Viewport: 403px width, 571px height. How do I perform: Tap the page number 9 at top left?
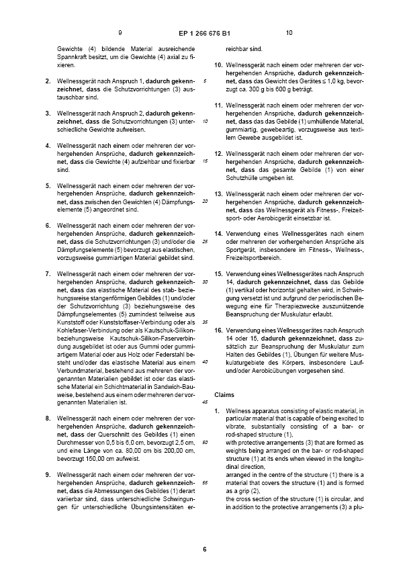[120, 32]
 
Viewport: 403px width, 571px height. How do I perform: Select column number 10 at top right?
[289, 32]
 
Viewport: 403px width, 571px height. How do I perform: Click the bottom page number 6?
[204, 549]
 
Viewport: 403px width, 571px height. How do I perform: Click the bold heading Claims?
[224, 394]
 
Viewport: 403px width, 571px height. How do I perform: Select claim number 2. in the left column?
[47, 81]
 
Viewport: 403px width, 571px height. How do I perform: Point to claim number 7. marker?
[47, 274]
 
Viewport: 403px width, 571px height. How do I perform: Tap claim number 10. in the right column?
[218, 65]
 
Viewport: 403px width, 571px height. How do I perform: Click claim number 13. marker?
[218, 193]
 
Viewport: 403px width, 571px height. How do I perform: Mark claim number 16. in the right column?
[218, 330]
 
